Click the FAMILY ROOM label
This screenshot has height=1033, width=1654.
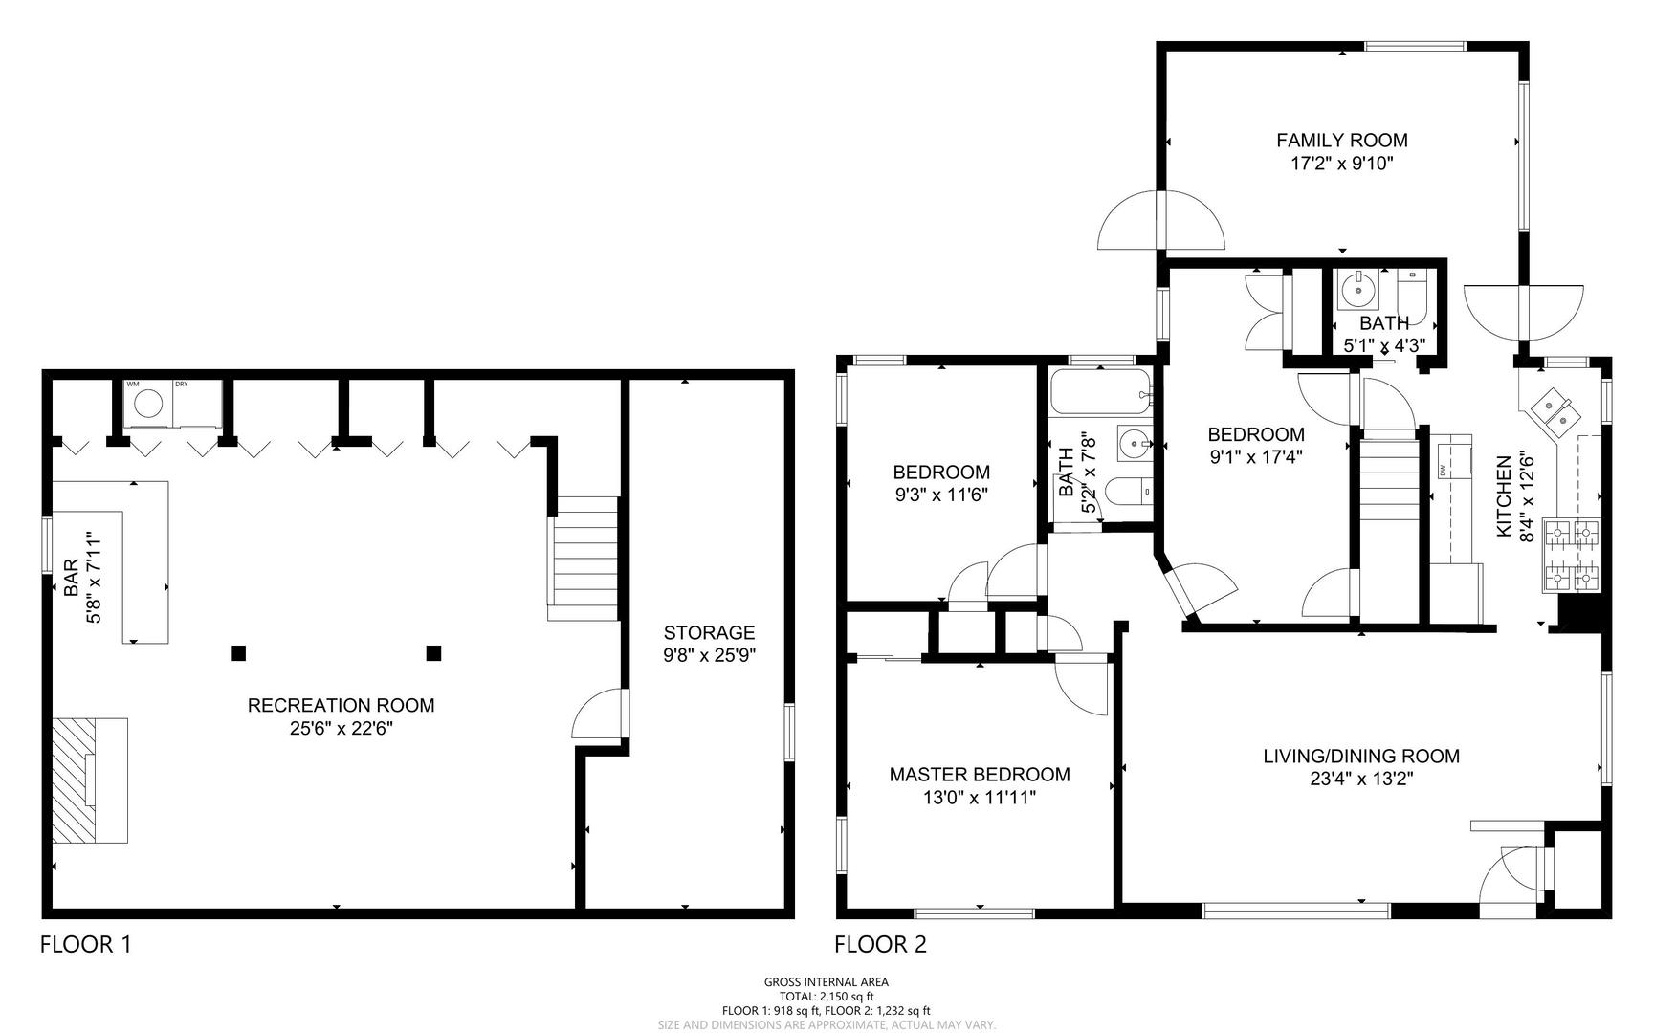click(1341, 141)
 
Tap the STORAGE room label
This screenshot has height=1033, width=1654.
click(709, 632)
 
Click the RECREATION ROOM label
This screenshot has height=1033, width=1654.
click(341, 705)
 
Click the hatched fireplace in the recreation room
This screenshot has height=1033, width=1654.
click(89, 780)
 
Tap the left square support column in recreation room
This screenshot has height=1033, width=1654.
click(238, 653)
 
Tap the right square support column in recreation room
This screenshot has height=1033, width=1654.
click(433, 653)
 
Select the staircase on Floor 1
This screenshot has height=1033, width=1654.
click(583, 559)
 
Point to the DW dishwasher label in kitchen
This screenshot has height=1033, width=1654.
click(1442, 470)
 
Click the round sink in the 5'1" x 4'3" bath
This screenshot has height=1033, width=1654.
click(1356, 287)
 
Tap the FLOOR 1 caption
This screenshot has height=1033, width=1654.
click(85, 945)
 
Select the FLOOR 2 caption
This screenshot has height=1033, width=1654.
click(880, 945)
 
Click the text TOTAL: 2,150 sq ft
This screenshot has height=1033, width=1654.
click(826, 996)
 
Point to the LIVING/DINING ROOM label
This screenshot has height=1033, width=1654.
click(1361, 756)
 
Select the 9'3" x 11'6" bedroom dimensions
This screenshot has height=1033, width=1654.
click(940, 495)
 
